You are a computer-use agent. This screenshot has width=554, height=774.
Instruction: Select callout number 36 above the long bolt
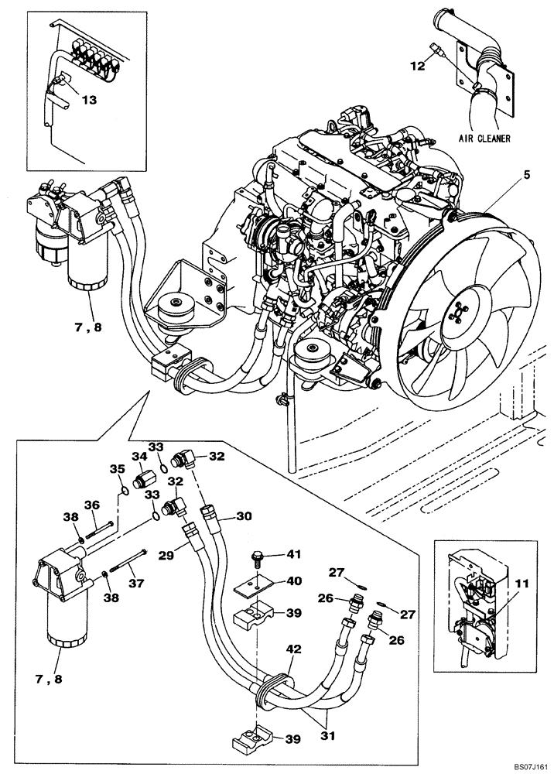click(91, 505)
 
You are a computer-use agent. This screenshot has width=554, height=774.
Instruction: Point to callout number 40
click(295, 581)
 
